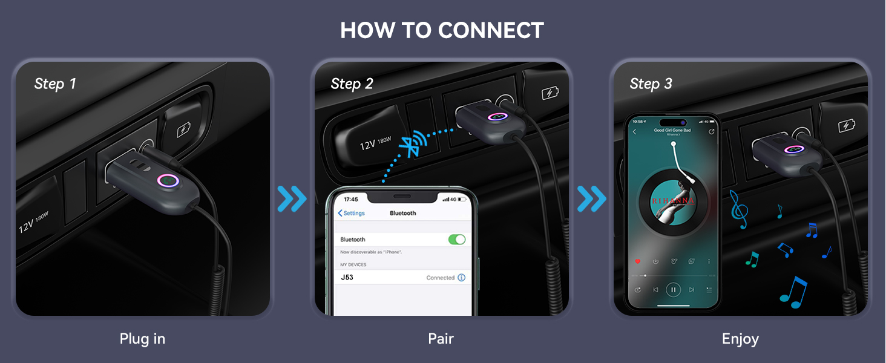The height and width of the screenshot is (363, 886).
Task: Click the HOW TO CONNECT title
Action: click(442, 30)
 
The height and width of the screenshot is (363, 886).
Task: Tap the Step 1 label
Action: click(55, 83)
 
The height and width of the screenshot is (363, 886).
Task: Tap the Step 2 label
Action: click(352, 83)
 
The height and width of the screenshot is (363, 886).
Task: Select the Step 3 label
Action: click(651, 83)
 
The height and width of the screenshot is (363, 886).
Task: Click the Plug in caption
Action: click(142, 339)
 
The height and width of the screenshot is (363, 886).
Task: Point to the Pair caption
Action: click(441, 339)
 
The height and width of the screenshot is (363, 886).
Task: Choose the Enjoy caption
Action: click(740, 339)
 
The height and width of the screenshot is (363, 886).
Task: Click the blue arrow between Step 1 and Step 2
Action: click(292, 199)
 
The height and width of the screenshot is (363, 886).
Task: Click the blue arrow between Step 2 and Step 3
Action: click(591, 199)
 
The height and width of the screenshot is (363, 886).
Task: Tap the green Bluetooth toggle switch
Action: click(457, 239)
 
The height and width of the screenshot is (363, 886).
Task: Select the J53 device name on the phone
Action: click(347, 277)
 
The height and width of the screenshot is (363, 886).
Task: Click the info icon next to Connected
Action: click(461, 278)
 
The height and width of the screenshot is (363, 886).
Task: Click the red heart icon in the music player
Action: click(637, 261)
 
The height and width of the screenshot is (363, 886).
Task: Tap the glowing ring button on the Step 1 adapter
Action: click(166, 181)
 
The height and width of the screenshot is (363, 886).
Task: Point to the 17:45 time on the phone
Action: click(350, 199)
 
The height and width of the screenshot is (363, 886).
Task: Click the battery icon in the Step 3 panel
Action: click(847, 126)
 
